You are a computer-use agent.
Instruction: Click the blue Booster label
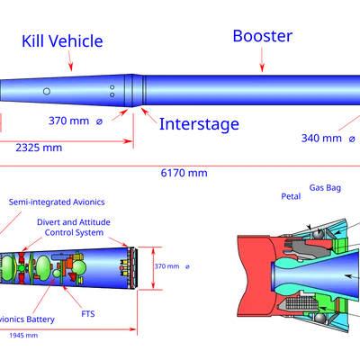pyautogui.click(x=262, y=36)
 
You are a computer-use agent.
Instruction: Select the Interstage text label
pyautogui.click(x=199, y=125)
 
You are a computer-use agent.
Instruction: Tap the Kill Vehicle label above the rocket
pyautogui.click(x=62, y=40)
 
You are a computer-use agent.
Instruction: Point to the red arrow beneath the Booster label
pyautogui.click(x=263, y=61)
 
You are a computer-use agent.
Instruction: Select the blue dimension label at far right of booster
pyautogui.click(x=328, y=139)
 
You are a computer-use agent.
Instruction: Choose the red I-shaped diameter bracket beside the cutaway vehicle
pyautogui.click(x=152, y=266)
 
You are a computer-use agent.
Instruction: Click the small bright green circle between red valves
pyautogui.click(x=57, y=272)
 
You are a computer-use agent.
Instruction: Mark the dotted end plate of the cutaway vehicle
pyautogui.click(x=131, y=267)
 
